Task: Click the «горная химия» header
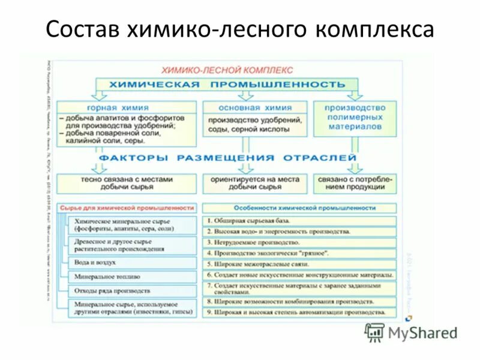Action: (127, 107)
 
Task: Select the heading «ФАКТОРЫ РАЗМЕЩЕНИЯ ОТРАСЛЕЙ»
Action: (228, 158)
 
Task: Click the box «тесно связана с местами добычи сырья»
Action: (127, 183)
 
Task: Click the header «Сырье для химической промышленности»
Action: (127, 208)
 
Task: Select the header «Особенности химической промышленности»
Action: (299, 208)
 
